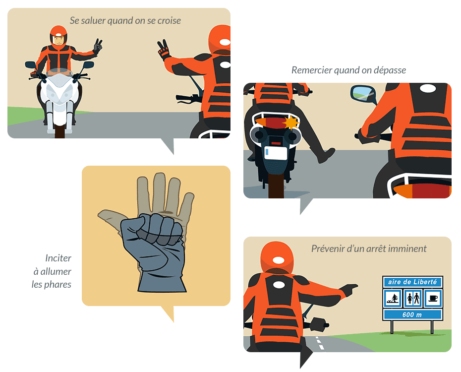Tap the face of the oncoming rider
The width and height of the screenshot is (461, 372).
pos(58,40)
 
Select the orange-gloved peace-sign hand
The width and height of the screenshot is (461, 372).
pos(163,50)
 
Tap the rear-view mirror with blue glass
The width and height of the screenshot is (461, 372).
pos(362,94)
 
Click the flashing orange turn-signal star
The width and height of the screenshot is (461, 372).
pos(291,123)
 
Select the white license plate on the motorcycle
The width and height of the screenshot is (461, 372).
pos(276,153)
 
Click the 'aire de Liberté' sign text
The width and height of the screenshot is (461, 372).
pos(412,282)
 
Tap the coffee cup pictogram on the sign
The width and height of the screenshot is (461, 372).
pos(433,298)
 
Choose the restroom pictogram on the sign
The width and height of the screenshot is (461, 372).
pos(413,298)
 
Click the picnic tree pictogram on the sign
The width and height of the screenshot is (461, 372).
pos(393,298)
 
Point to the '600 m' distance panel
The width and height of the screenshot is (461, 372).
pos(412,314)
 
